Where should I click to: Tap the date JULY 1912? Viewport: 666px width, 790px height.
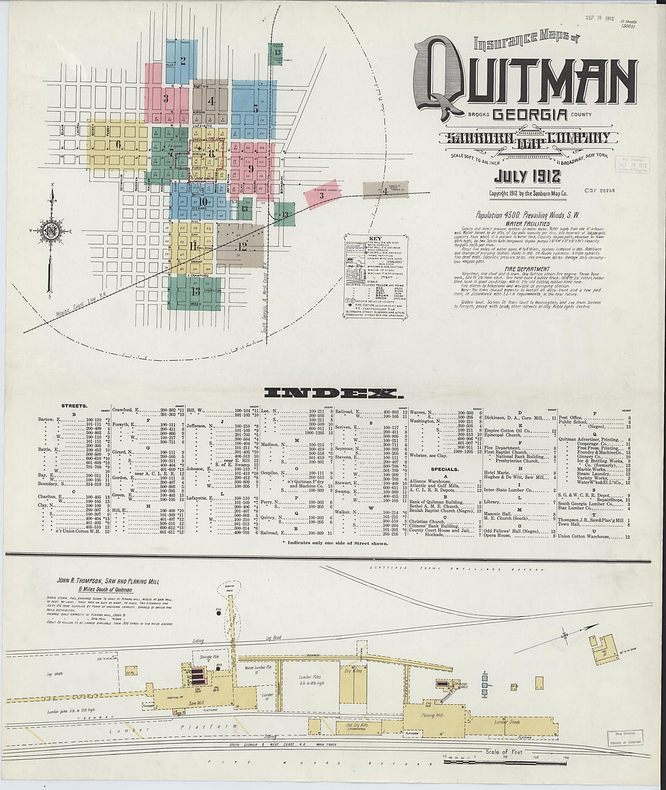[x=527, y=177]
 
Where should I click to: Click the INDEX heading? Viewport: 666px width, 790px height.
[x=333, y=394]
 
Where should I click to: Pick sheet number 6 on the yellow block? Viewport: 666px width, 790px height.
[x=118, y=145]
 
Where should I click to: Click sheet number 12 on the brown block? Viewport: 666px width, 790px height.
[x=242, y=246]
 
